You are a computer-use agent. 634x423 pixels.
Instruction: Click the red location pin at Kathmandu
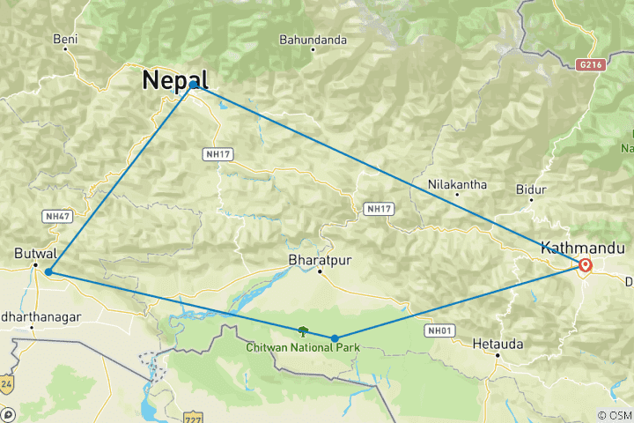click(x=585, y=264)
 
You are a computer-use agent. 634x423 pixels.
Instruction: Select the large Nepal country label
click(x=175, y=80)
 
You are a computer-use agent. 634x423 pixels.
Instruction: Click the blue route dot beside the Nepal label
click(x=194, y=85)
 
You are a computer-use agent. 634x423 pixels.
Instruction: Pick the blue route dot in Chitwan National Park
click(x=335, y=338)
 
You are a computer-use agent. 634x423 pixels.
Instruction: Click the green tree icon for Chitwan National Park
click(x=303, y=331)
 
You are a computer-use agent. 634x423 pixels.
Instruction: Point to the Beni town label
click(x=66, y=39)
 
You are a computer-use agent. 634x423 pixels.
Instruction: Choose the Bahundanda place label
click(x=313, y=40)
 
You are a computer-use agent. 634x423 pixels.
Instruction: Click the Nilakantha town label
click(x=456, y=185)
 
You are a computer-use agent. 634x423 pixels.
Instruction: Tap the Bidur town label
click(x=532, y=189)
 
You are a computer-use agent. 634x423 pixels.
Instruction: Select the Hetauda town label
click(x=498, y=343)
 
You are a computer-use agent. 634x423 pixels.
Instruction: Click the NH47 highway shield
click(x=55, y=216)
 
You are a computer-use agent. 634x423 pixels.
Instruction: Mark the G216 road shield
click(x=592, y=64)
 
